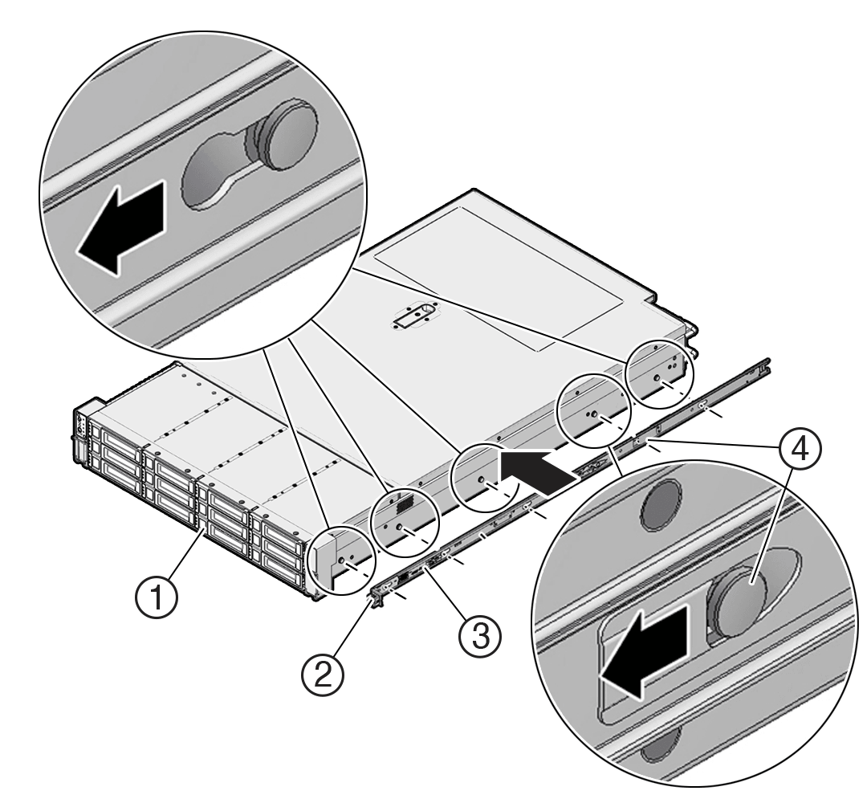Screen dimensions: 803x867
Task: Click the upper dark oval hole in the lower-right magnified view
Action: pos(661,504)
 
